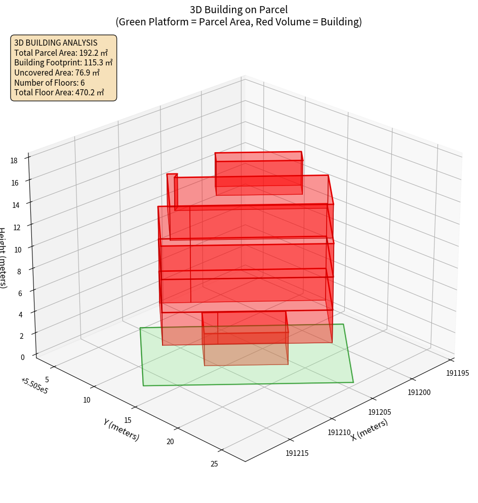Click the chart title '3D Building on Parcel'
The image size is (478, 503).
click(238, 9)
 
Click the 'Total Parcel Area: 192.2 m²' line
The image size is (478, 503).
click(61, 53)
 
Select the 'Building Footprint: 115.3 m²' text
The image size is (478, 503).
click(63, 62)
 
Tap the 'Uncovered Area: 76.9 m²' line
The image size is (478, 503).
click(59, 73)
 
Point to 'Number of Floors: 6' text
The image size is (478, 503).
click(50, 83)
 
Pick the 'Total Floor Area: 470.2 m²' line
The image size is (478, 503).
click(59, 92)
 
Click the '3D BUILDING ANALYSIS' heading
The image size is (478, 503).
click(56, 43)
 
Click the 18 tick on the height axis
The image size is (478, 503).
click(14, 161)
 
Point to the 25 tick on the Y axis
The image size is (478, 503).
click(214, 463)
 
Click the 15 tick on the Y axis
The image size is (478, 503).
click(128, 420)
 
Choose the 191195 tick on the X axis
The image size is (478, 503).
click(457, 373)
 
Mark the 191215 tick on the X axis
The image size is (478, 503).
click(298, 453)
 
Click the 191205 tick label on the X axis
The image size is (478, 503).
click(379, 413)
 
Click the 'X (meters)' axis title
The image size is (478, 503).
click(370, 429)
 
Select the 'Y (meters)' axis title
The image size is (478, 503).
click(121, 429)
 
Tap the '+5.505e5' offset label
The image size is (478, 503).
click(34, 386)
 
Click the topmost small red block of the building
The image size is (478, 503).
click(259, 173)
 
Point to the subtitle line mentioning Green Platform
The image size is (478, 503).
click(238, 22)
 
